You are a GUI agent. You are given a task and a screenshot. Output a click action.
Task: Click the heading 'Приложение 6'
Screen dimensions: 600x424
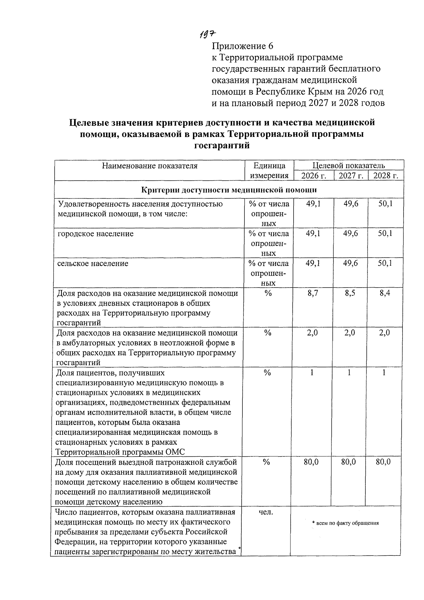[x=242, y=46]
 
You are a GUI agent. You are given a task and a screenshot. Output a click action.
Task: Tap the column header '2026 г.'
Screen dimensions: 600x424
[x=313, y=176]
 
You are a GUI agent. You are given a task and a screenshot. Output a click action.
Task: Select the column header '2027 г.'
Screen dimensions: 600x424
[x=351, y=176]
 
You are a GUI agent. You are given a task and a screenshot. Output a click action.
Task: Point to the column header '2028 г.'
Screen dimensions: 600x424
[x=385, y=176]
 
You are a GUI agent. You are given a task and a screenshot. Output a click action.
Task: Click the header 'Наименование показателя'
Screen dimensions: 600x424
[x=149, y=166]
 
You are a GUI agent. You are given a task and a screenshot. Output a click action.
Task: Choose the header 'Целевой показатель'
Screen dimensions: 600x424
[x=348, y=166]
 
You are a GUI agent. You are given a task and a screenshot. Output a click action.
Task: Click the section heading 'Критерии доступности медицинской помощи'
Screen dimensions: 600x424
[x=229, y=190]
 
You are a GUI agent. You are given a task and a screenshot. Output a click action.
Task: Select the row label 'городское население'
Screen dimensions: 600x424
[x=95, y=234]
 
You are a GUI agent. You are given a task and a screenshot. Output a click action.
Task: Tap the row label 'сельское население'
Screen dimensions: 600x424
[x=93, y=264]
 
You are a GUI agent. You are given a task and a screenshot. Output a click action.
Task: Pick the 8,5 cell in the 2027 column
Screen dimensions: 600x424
[x=350, y=293]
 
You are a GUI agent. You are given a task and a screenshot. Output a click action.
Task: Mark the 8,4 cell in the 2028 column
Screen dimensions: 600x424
[x=385, y=293]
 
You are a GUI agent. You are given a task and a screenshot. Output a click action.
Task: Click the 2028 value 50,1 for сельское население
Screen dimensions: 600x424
[x=385, y=264]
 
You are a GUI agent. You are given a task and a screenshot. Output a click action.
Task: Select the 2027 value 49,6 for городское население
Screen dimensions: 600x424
[x=350, y=234]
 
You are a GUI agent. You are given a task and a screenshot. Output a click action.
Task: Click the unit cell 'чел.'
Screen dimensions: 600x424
[x=266, y=512]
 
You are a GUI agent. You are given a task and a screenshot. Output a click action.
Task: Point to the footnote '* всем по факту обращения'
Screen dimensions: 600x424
[x=345, y=523]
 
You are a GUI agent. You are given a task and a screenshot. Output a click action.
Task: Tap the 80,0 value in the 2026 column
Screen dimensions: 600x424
[x=311, y=462]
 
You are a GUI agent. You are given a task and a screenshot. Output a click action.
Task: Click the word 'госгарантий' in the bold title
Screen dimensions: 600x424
[x=222, y=145]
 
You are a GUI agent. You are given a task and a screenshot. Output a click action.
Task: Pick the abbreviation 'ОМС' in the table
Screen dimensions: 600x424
[x=175, y=452]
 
